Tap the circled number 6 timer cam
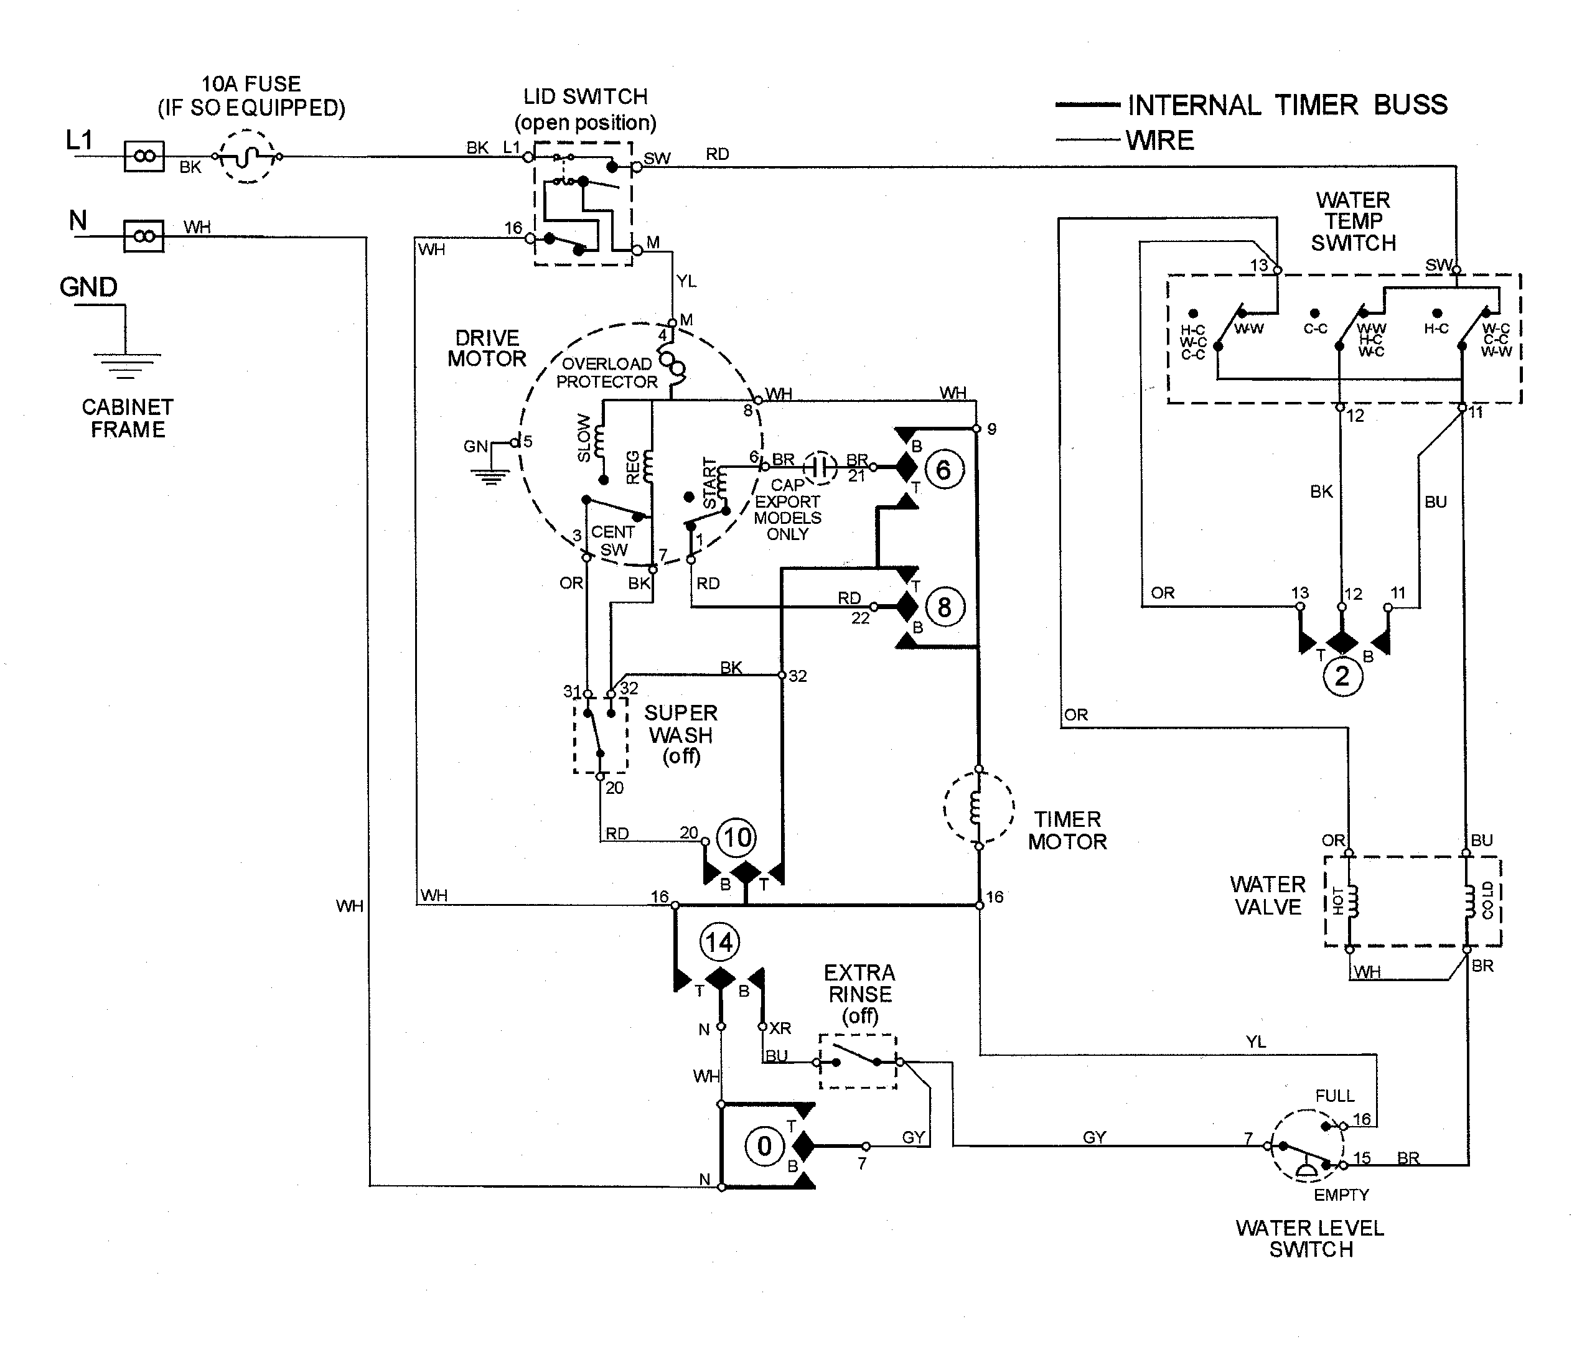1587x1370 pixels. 943,470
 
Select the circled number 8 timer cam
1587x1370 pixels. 943,607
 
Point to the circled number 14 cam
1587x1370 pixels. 718,943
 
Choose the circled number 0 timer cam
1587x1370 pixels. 764,1147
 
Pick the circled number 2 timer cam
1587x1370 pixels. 1342,677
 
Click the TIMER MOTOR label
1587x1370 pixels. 1067,830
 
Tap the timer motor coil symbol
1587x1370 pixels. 977,808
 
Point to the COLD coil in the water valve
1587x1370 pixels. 1469,902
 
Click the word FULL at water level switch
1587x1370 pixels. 1334,1096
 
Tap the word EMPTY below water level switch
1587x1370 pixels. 1341,1195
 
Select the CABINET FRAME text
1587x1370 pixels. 127,418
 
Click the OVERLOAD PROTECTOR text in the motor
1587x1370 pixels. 607,373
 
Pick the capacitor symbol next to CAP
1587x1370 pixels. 820,467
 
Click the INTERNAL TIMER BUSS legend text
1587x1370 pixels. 1288,105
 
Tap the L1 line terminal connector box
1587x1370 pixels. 144,156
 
